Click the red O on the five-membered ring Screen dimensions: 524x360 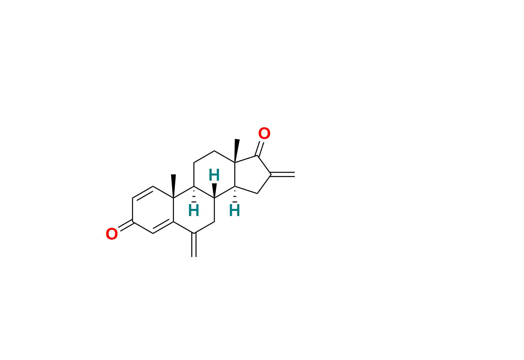[264, 133]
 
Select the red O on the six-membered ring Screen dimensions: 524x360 [111, 234]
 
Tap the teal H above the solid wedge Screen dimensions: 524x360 [214, 175]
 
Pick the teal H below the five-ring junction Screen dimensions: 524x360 [235, 210]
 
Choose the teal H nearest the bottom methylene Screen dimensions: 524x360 [194, 210]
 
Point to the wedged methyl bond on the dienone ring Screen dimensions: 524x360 [173, 186]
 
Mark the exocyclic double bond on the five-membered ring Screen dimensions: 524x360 [282, 174]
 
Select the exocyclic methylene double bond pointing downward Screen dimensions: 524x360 [194, 245]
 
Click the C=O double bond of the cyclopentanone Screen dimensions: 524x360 [260, 149]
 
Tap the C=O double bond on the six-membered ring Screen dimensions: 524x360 [126, 225]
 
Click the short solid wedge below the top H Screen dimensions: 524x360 [214, 190]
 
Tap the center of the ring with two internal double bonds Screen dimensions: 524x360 [153, 210]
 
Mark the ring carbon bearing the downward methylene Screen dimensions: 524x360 [194, 233]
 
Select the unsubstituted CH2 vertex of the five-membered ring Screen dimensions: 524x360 [257, 193]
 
